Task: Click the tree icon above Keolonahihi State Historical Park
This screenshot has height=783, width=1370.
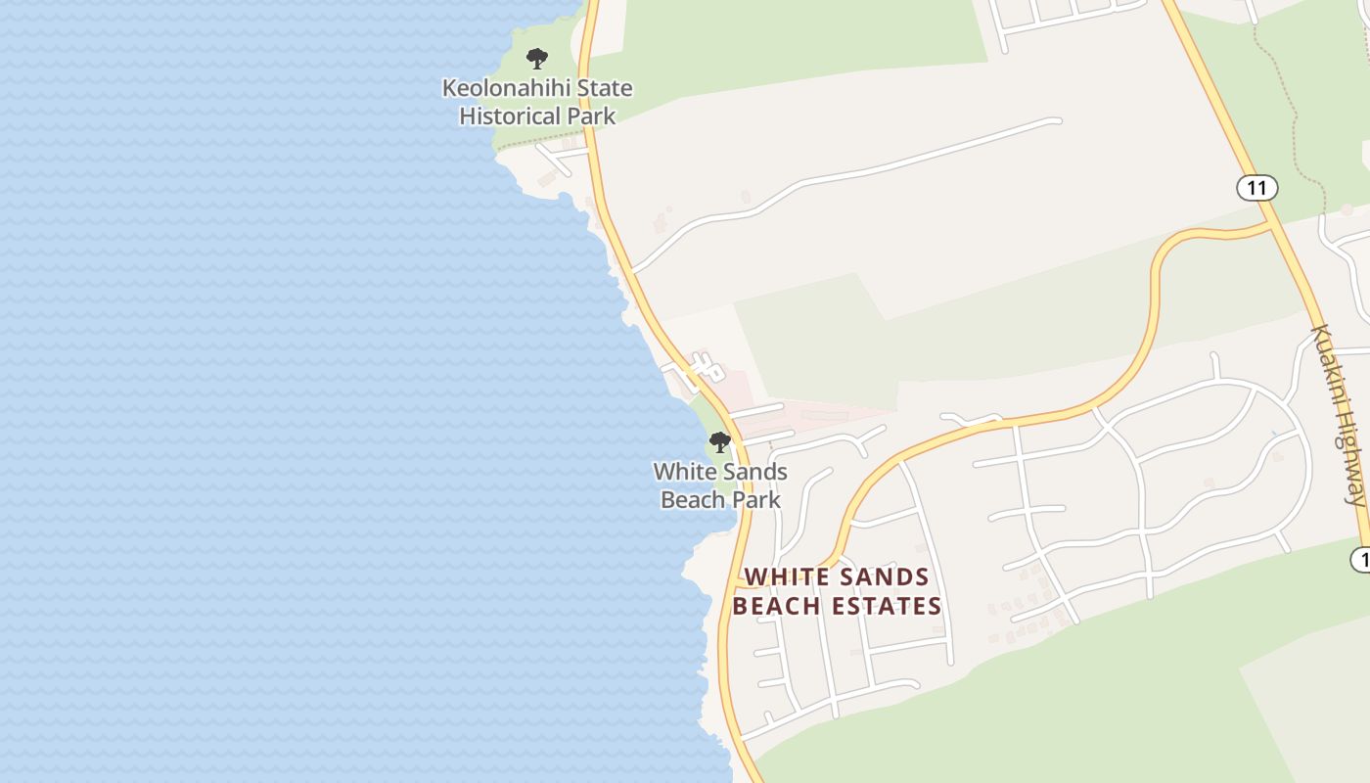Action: (536, 59)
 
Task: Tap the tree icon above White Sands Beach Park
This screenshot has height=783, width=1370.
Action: (720, 442)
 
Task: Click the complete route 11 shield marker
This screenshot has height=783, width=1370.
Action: (1256, 187)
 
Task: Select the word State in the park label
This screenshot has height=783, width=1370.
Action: (604, 88)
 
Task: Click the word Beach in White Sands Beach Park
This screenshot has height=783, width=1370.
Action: (691, 500)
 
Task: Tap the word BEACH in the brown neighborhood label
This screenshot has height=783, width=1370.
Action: (771, 607)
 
